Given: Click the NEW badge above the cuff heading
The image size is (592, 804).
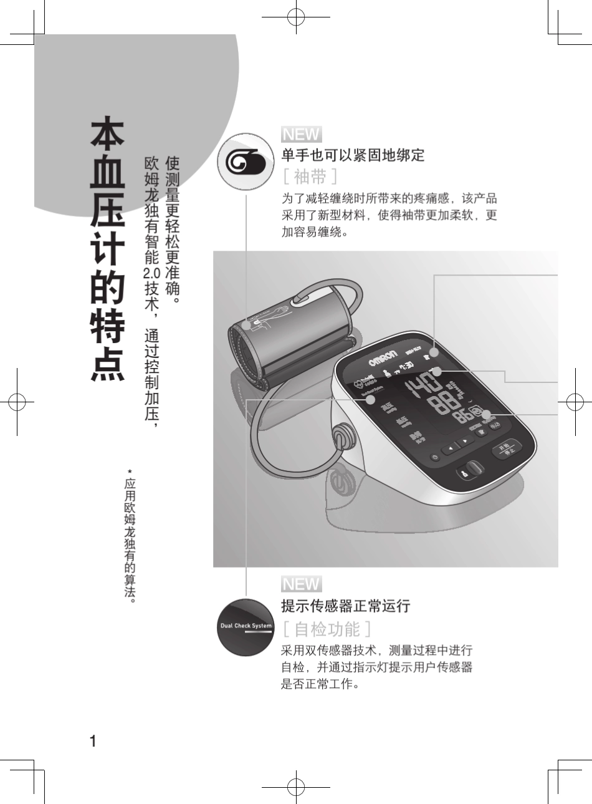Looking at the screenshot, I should point(301,135).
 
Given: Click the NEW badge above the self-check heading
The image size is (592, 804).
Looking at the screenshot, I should point(301,584).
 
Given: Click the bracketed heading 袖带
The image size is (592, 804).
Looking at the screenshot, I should point(310,177).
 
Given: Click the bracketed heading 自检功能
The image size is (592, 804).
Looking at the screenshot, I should point(327,629).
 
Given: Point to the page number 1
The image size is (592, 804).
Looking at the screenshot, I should point(93,742).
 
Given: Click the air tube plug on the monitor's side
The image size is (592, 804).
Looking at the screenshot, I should point(341,437).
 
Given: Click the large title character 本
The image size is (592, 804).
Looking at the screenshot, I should point(108,135).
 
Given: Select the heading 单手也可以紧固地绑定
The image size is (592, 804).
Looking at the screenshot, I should point(353,155).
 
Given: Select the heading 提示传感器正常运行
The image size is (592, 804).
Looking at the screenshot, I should point(346,606).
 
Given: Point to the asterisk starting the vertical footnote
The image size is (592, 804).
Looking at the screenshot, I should point(130,472).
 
